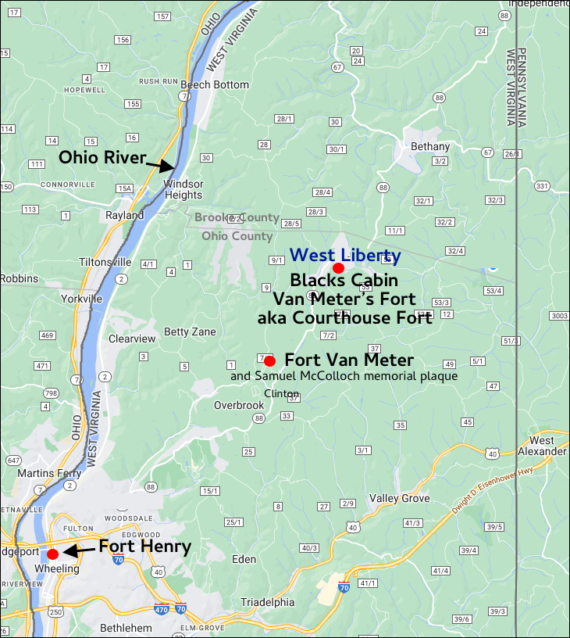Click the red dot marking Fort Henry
pos(52,554)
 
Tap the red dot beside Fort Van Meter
pos(269,360)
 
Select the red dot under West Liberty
pos(338,267)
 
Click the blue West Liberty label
pos(345,255)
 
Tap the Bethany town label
pos(430,146)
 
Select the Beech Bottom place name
pos(215,84)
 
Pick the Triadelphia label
pos(268,602)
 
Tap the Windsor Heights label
pos(183,189)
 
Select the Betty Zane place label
pos(190,332)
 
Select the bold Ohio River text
pos(102,158)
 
